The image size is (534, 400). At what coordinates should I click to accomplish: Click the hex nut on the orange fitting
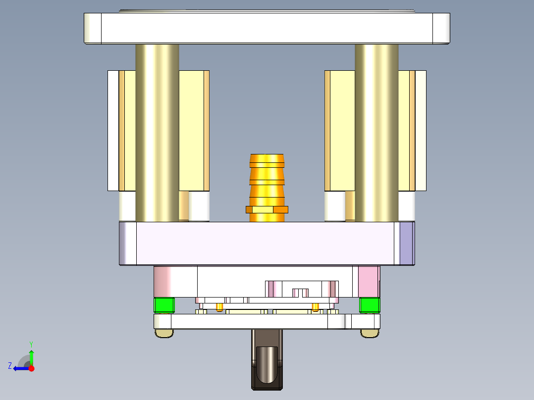tap(267, 209)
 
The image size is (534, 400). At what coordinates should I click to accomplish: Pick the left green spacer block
tap(164, 305)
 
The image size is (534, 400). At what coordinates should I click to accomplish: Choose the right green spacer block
tap(369, 305)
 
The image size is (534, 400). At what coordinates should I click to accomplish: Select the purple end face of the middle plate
tap(406, 243)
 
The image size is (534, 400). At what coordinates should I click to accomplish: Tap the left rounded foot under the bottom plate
tap(164, 334)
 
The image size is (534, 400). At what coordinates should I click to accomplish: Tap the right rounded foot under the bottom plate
tap(369, 334)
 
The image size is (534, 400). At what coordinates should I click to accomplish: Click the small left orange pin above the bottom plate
tap(219, 307)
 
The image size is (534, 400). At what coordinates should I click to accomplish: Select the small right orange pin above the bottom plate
tap(316, 307)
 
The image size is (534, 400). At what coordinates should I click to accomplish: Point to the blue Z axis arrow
tap(20, 368)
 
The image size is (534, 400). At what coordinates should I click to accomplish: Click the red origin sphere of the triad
tap(31, 368)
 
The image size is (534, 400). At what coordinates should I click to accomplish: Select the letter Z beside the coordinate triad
tap(10, 366)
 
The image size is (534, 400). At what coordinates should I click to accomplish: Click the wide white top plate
tap(267, 28)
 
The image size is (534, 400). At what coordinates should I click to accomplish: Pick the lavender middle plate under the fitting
tap(267, 243)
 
